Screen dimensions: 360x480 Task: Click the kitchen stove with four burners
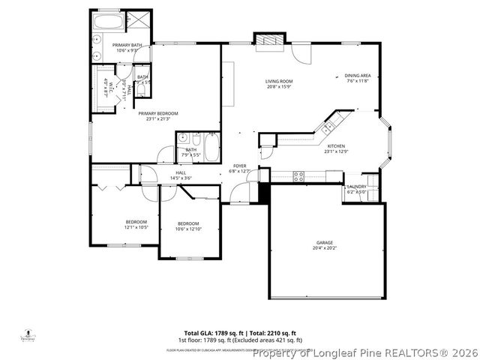[x=298, y=176]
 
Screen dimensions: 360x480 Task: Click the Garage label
[x=324, y=244]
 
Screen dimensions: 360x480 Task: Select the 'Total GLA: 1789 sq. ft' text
[x=210, y=332]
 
